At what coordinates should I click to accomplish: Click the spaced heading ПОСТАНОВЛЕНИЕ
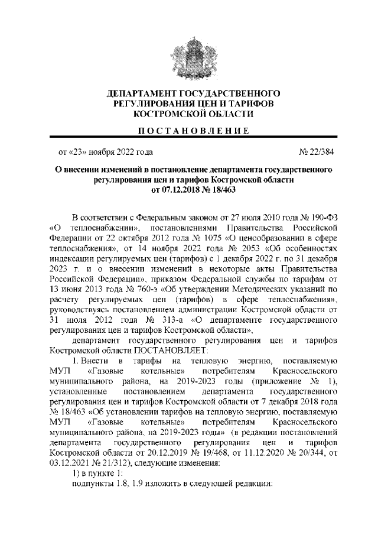tap(189, 129)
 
